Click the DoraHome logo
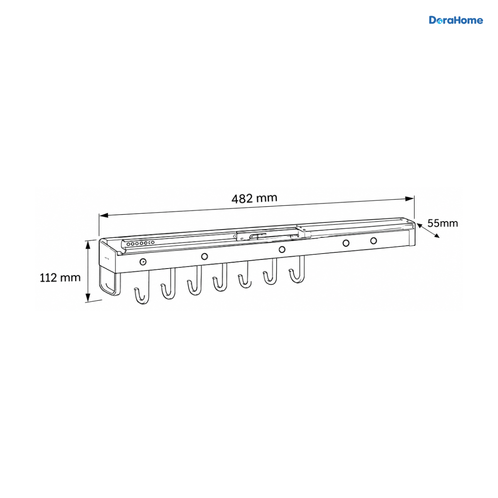pyautogui.click(x=456, y=20)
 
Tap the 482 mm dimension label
pyautogui.click(x=254, y=198)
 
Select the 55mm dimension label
pyautogui.click(x=442, y=223)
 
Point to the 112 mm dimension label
pyautogui.click(x=60, y=278)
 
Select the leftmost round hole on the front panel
pyautogui.click(x=143, y=261)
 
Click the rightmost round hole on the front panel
pyautogui.click(x=373, y=241)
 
